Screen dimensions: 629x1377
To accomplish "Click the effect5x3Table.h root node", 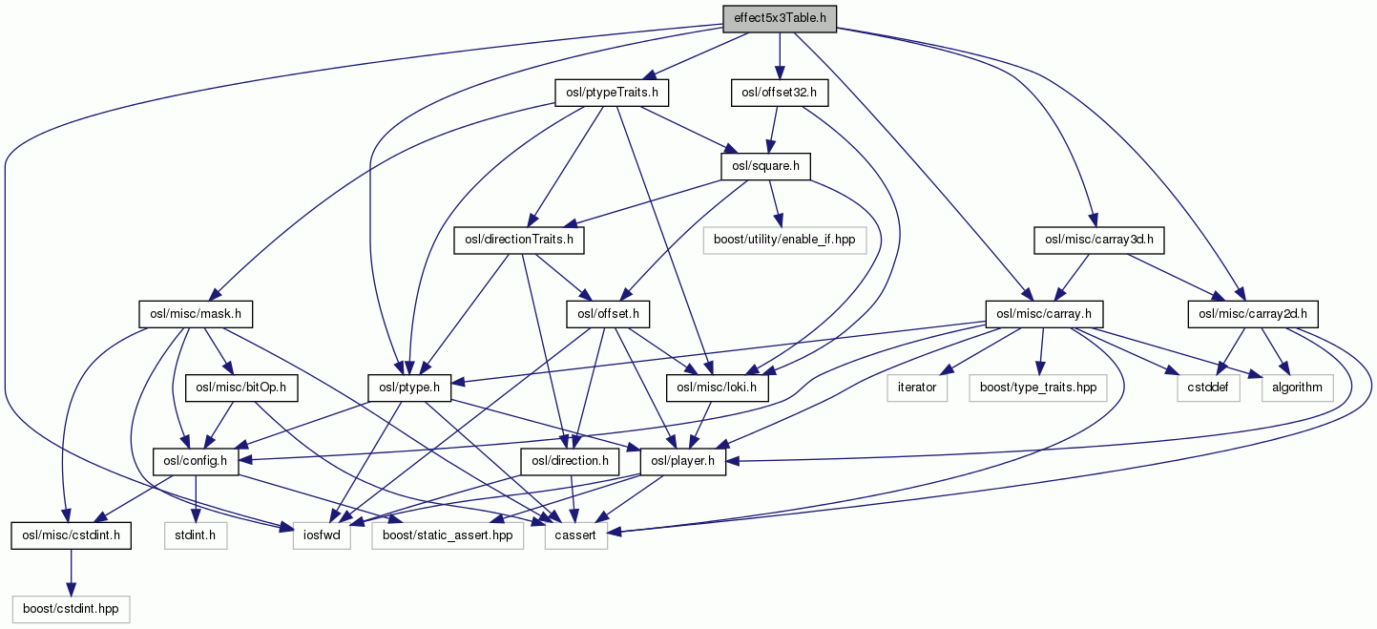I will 779,18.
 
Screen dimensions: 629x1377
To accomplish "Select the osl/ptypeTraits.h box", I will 612,93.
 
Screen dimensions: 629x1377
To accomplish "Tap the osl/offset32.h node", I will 779,93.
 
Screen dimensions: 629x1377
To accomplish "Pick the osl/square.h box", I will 765,166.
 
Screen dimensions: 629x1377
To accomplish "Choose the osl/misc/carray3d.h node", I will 1098,240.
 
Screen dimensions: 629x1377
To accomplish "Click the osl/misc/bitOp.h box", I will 234,388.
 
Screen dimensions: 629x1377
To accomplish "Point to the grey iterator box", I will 917,388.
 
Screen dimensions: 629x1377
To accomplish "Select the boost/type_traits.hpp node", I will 1036,388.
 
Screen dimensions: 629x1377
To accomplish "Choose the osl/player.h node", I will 683,462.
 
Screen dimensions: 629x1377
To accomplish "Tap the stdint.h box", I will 195,535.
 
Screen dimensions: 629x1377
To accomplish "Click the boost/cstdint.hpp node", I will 71,609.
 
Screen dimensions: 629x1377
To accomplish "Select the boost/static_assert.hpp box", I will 448,535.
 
